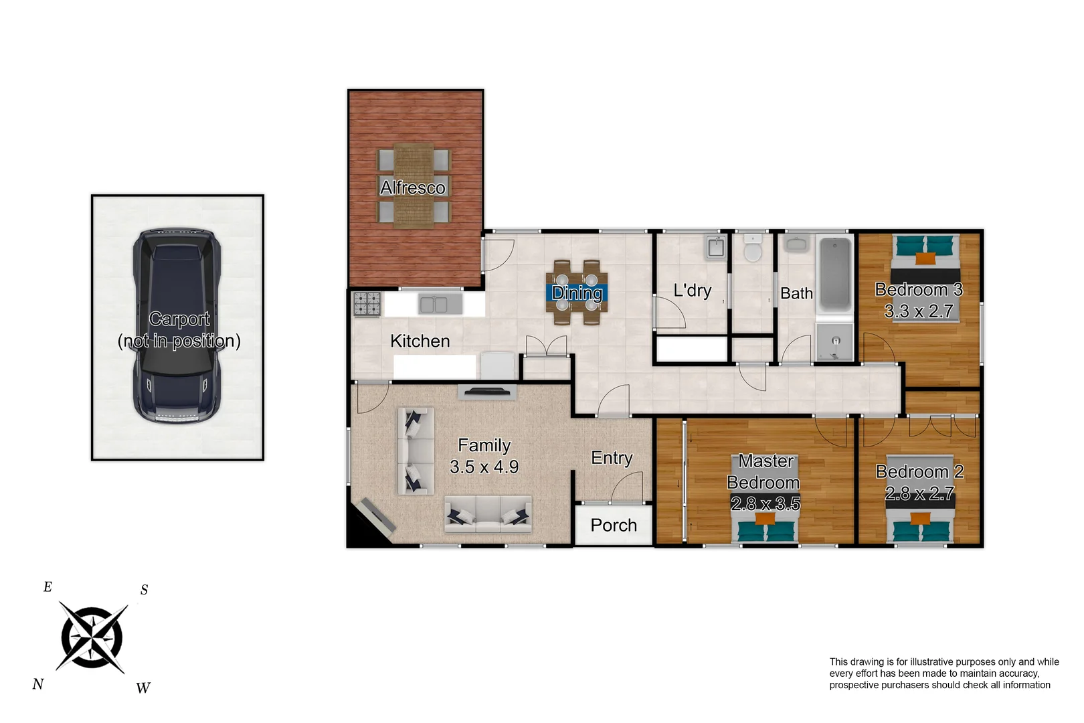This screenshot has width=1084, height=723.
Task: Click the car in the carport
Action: click(177, 327)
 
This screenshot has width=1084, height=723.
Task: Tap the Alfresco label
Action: click(413, 187)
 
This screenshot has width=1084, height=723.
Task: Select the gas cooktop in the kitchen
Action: click(367, 304)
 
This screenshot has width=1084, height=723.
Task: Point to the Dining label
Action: click(577, 293)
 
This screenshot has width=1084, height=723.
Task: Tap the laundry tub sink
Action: click(716, 247)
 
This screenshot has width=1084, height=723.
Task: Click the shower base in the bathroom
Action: click(834, 342)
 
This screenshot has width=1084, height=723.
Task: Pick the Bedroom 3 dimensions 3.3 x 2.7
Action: click(919, 311)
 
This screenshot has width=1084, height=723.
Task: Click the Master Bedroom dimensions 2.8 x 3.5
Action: click(765, 503)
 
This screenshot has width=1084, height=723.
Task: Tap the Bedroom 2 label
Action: click(919, 471)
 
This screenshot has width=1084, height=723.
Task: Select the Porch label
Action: click(614, 526)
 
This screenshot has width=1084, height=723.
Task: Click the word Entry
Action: click(612, 458)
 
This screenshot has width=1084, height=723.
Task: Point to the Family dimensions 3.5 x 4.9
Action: click(484, 467)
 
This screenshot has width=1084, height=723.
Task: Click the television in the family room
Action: click(487, 392)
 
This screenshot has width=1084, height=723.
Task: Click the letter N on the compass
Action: click(38, 684)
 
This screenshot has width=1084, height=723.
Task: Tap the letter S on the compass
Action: click(144, 590)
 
